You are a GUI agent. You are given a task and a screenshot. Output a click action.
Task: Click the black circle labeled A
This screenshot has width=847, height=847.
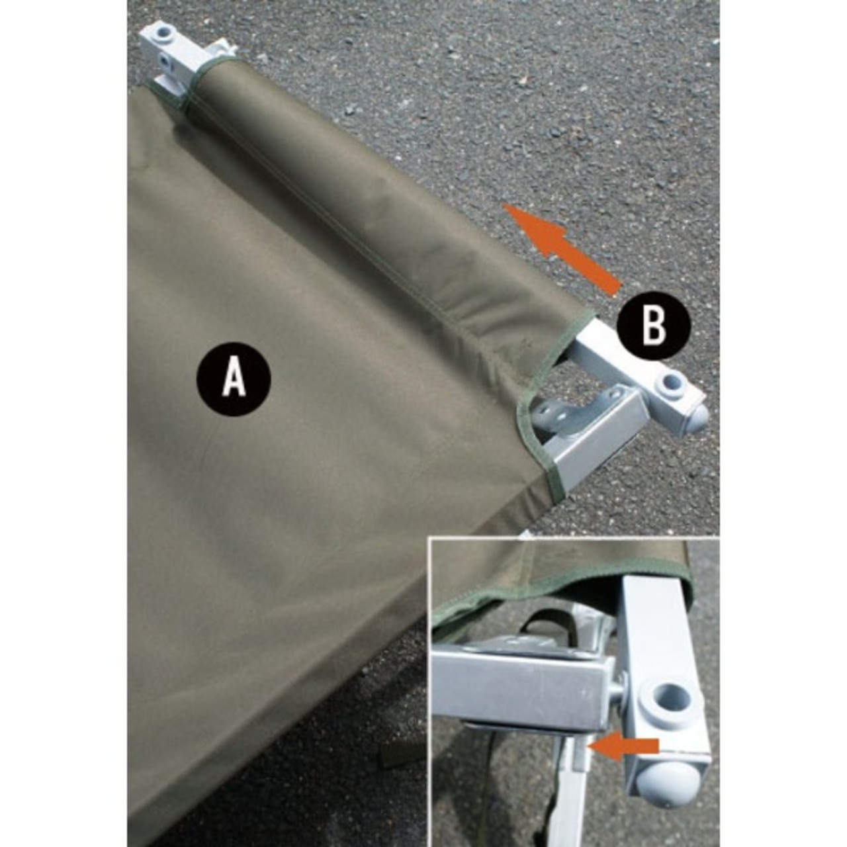(x=234, y=379)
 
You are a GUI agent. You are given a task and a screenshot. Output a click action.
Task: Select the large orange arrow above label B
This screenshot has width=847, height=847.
(x=562, y=249)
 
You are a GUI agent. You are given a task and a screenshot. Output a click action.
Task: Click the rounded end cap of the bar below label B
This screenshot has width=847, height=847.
(x=698, y=416)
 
